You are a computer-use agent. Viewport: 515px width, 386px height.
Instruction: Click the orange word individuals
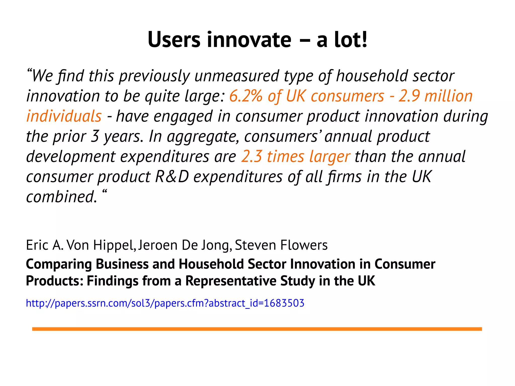[x=64, y=116]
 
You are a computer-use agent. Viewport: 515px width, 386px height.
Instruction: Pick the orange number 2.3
[x=251, y=157]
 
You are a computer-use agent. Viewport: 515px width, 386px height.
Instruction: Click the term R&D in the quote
[x=172, y=177]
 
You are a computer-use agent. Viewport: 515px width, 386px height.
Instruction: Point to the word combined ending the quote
[x=61, y=197]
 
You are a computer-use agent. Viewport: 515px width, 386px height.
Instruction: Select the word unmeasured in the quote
[x=237, y=76]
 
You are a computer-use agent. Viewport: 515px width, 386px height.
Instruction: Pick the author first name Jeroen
[x=158, y=245]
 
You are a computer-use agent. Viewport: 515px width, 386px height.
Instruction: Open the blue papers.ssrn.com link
[x=165, y=303]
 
